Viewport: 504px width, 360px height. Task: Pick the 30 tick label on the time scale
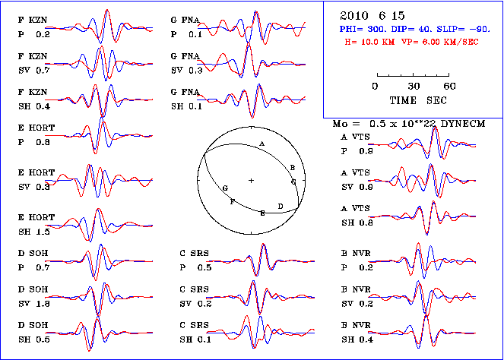[414, 87]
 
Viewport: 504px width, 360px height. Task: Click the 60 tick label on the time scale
[450, 87]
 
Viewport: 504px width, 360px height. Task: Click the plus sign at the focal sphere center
[251, 180]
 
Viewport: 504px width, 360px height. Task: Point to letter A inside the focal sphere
[262, 144]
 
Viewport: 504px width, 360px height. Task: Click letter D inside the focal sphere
[281, 206]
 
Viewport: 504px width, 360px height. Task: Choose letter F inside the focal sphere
[232, 201]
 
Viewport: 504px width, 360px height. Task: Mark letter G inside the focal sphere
[225, 187]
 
